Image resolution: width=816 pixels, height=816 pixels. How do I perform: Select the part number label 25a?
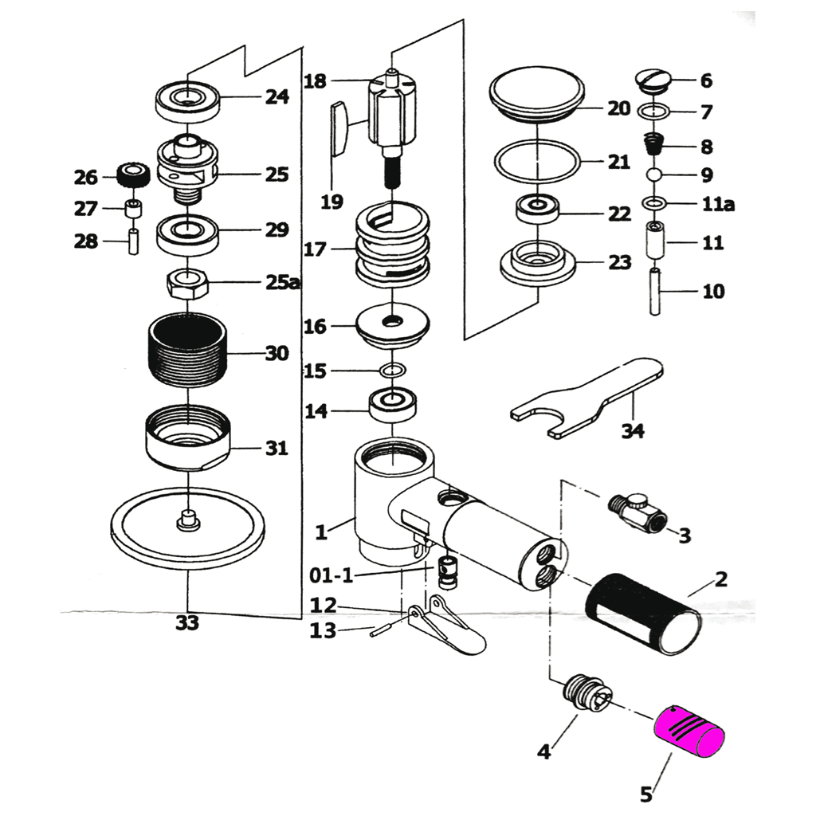(281, 283)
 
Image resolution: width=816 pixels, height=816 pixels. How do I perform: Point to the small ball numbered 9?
(653, 175)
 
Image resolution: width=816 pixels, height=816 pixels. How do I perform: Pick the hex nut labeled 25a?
(188, 282)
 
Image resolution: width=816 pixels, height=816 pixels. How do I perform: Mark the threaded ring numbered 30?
(188, 351)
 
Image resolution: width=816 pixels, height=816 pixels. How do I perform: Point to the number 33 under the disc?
(186, 623)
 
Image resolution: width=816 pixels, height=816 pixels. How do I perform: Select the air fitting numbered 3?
(637, 514)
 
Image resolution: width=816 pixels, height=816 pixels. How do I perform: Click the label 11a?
(717, 205)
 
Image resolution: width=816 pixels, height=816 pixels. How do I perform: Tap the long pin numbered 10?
(654, 292)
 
